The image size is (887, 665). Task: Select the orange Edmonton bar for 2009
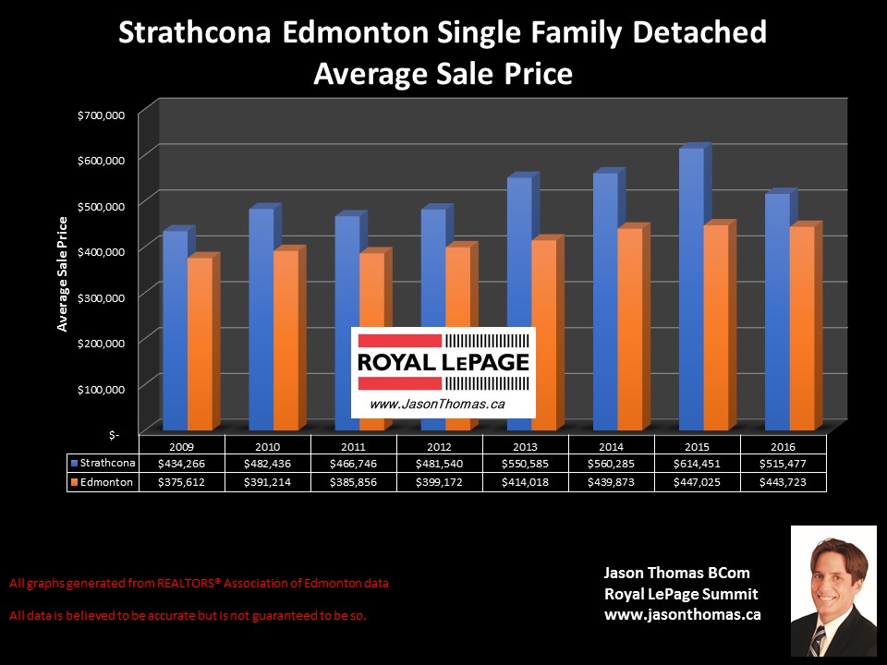[200, 343]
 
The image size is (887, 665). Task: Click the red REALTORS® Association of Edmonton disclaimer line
[199, 583]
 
